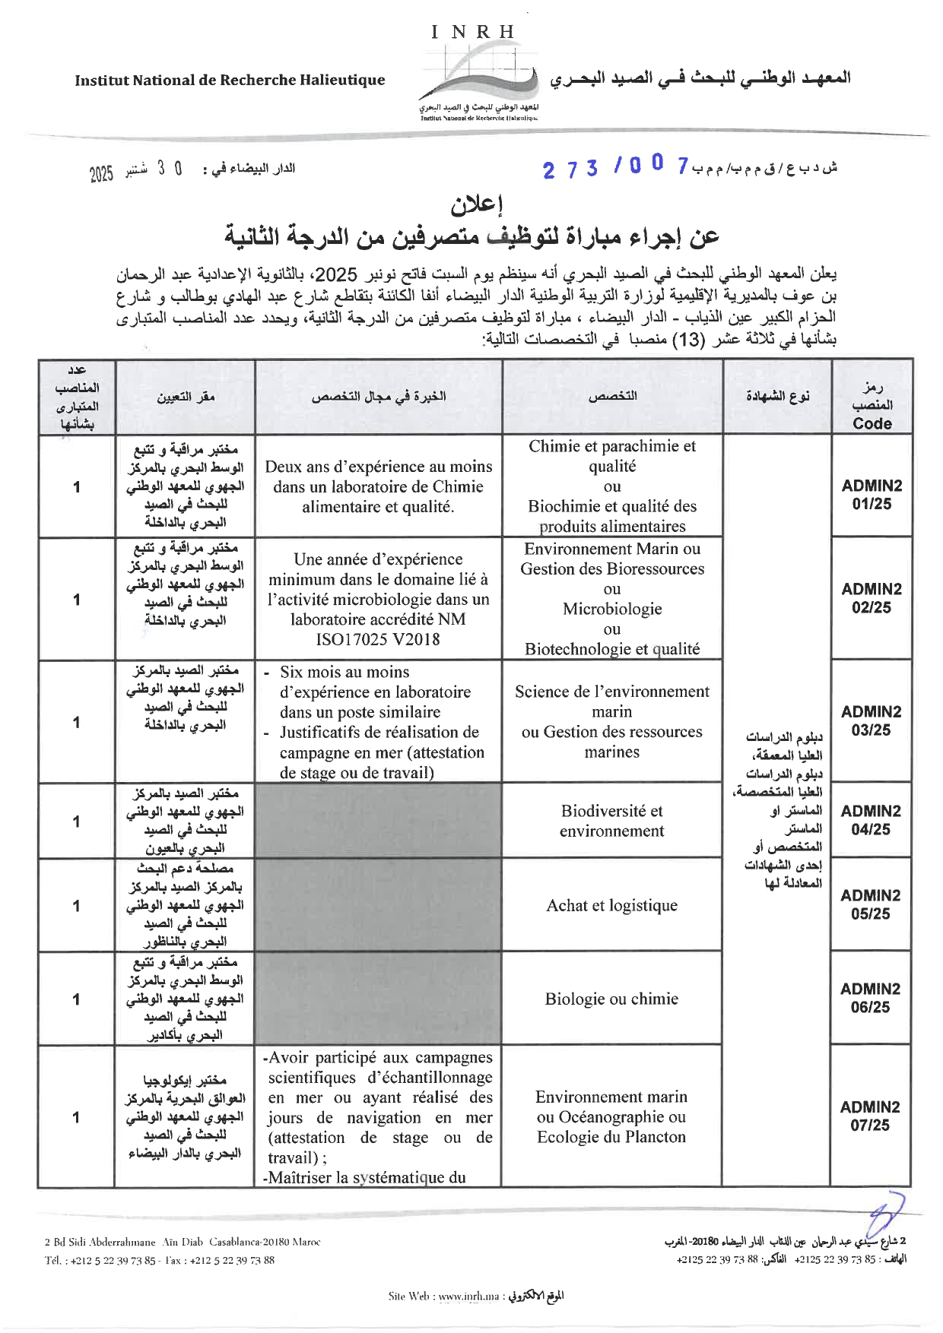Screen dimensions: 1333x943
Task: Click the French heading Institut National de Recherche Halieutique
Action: point(230,81)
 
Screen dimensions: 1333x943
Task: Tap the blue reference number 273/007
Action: point(616,166)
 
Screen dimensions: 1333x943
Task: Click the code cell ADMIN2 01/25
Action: point(872,495)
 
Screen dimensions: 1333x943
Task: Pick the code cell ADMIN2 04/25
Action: point(871,820)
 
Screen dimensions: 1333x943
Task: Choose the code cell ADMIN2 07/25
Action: point(870,1116)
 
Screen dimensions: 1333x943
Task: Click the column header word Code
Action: point(872,424)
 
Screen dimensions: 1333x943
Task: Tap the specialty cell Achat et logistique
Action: point(611,905)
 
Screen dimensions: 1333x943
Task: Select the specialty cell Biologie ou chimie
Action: point(611,999)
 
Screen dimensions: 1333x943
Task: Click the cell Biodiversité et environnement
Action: point(611,821)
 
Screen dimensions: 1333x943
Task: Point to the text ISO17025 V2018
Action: point(378,639)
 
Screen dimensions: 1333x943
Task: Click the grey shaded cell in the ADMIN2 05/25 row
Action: point(378,904)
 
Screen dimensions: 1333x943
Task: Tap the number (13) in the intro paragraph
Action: point(688,340)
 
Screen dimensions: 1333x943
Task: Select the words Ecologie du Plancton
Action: point(611,1137)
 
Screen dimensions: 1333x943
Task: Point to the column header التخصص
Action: point(612,397)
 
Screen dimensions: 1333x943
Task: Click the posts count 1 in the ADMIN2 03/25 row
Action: point(77,722)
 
